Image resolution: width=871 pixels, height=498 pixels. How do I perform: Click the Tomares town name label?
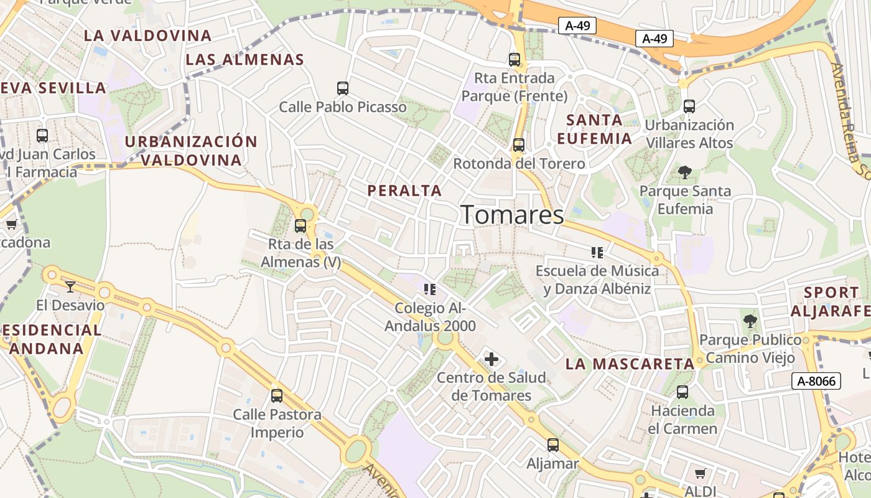click(512, 215)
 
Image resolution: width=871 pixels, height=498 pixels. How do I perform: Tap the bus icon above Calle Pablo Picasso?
click(343, 88)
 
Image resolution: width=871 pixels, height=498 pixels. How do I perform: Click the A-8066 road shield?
click(816, 381)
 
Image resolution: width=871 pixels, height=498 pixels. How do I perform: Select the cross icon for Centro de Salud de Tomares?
click(491, 359)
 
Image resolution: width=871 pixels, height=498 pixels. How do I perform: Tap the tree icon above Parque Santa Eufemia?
click(685, 172)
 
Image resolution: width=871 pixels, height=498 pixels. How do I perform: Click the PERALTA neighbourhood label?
click(404, 190)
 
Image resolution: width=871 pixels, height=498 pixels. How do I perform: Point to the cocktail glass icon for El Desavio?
click(70, 286)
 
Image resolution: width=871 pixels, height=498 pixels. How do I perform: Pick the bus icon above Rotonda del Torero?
click(519, 146)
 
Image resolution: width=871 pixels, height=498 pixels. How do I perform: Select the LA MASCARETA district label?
click(630, 364)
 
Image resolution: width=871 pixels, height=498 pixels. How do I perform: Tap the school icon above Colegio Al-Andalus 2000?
click(429, 289)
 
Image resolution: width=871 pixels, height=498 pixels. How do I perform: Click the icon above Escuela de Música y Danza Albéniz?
click(597, 253)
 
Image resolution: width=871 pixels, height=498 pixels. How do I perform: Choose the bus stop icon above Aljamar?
click(553, 445)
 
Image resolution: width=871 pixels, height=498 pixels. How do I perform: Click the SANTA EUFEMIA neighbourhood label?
click(594, 129)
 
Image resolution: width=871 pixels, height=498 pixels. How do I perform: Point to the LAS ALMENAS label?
click(245, 60)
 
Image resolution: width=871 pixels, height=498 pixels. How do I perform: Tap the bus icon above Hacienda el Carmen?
click(682, 392)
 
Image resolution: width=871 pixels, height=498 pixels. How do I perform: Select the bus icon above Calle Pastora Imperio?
click(277, 395)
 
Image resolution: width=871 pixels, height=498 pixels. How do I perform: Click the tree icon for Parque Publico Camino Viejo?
click(750, 321)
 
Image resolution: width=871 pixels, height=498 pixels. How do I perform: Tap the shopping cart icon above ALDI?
click(700, 474)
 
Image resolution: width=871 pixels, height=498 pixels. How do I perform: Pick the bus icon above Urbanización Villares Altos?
click(689, 106)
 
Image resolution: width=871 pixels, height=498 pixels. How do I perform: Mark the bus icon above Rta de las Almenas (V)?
click(300, 226)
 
